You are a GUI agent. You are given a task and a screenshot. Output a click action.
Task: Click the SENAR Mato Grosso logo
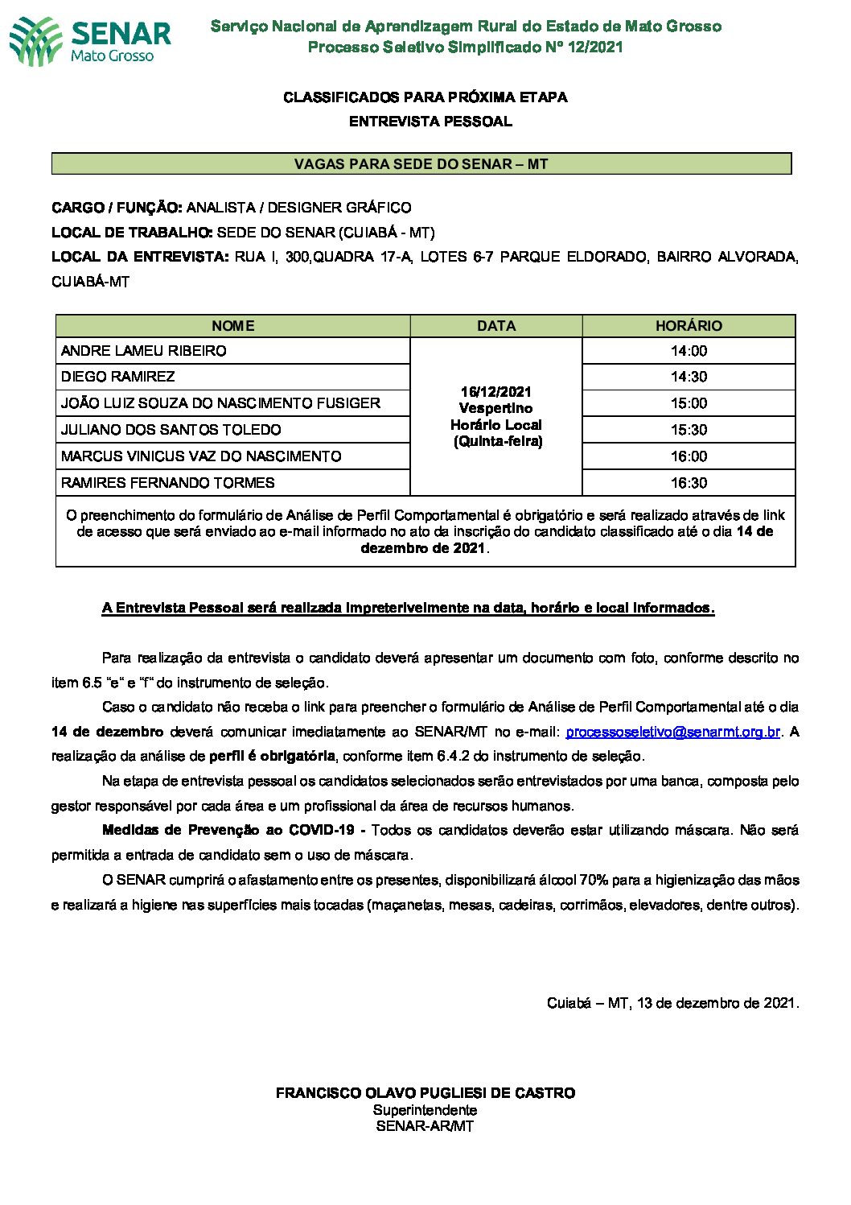pos(90,40)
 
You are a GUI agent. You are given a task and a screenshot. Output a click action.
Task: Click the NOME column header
pos(232,326)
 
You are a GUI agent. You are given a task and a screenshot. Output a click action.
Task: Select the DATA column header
pos(495,326)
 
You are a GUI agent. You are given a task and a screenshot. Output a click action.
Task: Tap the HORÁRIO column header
pos(689,326)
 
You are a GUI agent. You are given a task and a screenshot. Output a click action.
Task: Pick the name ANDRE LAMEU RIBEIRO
pos(144,351)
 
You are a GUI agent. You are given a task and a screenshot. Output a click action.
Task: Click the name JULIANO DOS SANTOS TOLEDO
pos(171,430)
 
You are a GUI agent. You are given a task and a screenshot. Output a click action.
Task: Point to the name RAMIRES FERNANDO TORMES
pos(168,483)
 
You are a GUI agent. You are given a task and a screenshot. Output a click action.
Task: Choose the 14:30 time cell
pos(689,377)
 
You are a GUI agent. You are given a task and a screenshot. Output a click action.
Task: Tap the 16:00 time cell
pos(689,456)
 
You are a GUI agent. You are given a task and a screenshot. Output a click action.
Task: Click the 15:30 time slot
pos(689,430)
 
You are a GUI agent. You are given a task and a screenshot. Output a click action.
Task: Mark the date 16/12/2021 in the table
pos(495,392)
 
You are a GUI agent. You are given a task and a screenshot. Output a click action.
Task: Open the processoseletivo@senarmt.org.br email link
pos(672,732)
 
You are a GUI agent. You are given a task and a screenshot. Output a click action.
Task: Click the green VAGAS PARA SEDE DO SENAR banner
pos(421,164)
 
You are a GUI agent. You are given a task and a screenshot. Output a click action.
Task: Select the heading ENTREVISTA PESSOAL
pos(430,122)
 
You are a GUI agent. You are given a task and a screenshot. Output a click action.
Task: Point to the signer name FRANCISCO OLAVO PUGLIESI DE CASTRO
pos(425,1093)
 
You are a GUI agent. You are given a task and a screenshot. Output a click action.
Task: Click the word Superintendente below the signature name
pos(425,1110)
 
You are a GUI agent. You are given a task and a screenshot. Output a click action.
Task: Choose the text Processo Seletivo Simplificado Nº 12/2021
pos(466,47)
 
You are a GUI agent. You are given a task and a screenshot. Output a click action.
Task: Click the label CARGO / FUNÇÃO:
pos(117,208)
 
